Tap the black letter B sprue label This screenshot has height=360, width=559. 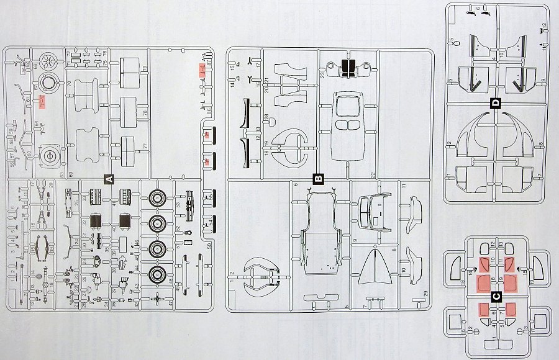(x=319, y=179)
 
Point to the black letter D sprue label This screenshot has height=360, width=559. (x=495, y=103)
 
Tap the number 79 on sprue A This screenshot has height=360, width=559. (x=143, y=68)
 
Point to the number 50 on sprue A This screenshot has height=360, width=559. (x=209, y=246)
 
